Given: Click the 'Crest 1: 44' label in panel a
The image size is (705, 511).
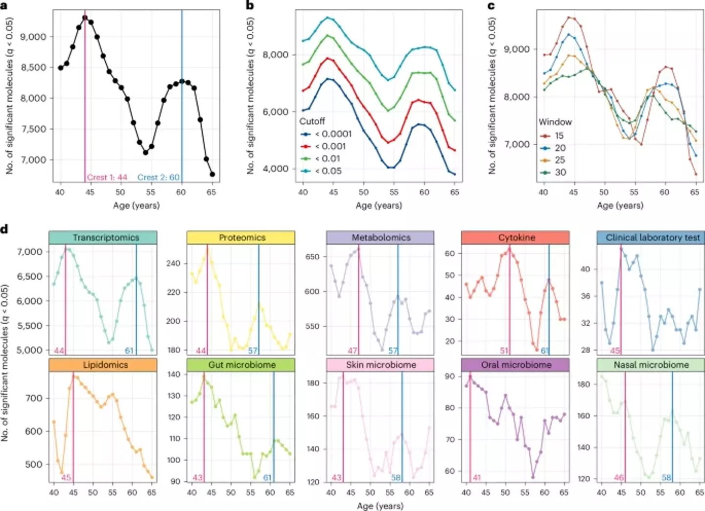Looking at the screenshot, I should (x=107, y=178).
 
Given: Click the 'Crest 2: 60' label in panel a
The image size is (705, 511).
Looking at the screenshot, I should (x=158, y=178).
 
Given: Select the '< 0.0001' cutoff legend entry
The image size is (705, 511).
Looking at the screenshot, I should (x=326, y=134).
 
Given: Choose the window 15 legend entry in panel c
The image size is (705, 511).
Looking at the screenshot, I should (x=552, y=136).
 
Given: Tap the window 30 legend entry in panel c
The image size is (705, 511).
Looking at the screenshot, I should (x=553, y=173).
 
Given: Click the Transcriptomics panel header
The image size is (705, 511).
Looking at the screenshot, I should (x=103, y=238).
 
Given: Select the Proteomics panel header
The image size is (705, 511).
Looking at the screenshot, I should (x=241, y=238).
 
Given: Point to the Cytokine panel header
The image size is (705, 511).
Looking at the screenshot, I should (x=516, y=238).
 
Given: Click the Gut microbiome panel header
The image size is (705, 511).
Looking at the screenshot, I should (x=241, y=365).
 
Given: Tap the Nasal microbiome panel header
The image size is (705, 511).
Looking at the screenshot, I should (x=651, y=365).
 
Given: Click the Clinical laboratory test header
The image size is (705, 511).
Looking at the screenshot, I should (x=651, y=238).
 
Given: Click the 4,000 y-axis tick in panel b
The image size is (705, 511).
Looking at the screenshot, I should (x=276, y=169).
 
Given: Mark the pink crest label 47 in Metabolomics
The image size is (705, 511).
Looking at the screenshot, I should (x=352, y=351).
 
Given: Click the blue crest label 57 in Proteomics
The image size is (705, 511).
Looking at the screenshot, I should (x=253, y=351).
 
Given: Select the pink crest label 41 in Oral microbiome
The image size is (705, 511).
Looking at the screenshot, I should (x=477, y=478).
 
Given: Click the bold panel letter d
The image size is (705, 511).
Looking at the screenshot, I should (x=5, y=229).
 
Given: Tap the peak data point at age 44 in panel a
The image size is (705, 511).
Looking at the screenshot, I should (x=85, y=18).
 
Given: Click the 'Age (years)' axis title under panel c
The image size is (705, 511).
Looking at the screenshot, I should (x=619, y=205).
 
